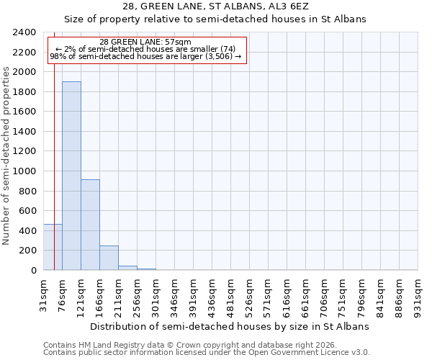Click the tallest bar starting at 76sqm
[x=71, y=176]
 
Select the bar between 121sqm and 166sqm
[x=90, y=225]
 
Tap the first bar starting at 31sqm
[x=53, y=247]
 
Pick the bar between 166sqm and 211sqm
[x=109, y=258]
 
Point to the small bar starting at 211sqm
[x=127, y=268]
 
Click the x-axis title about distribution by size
[x=230, y=326]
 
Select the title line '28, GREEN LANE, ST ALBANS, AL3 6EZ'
[x=215, y=6]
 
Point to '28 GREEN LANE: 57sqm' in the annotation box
[x=146, y=42]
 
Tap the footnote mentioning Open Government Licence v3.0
[x=207, y=353]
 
